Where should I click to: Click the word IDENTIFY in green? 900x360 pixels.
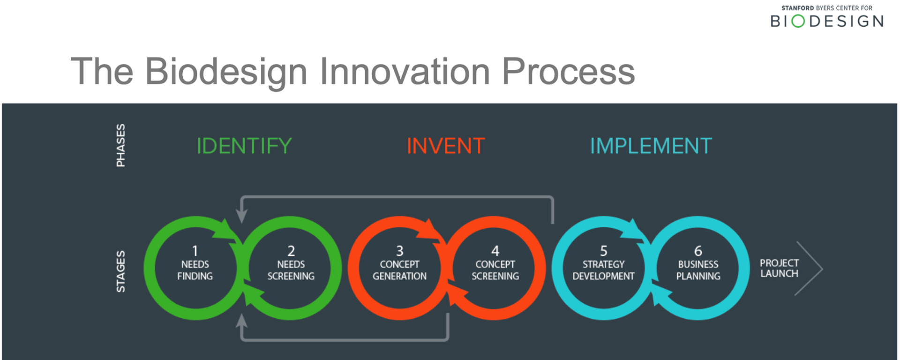244,146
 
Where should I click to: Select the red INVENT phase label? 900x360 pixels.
446,146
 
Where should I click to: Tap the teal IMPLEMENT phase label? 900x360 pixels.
651,146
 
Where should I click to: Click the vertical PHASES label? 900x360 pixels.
121,145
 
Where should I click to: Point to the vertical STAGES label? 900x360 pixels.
121,271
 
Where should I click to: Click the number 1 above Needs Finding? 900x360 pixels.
195,251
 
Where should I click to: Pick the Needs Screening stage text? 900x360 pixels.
291,270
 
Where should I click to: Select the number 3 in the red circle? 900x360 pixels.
400,251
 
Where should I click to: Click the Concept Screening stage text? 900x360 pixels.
495,270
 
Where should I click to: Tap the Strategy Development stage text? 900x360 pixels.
604,270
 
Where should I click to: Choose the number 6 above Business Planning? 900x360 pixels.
698,251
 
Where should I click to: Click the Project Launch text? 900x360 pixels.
779,269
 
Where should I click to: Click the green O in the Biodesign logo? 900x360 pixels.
798,21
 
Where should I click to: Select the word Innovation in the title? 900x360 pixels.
405,72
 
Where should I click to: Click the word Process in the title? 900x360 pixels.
569,72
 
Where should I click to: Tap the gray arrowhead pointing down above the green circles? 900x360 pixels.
241,216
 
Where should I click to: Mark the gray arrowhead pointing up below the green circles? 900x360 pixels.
241,321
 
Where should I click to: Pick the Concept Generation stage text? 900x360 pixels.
400,270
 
